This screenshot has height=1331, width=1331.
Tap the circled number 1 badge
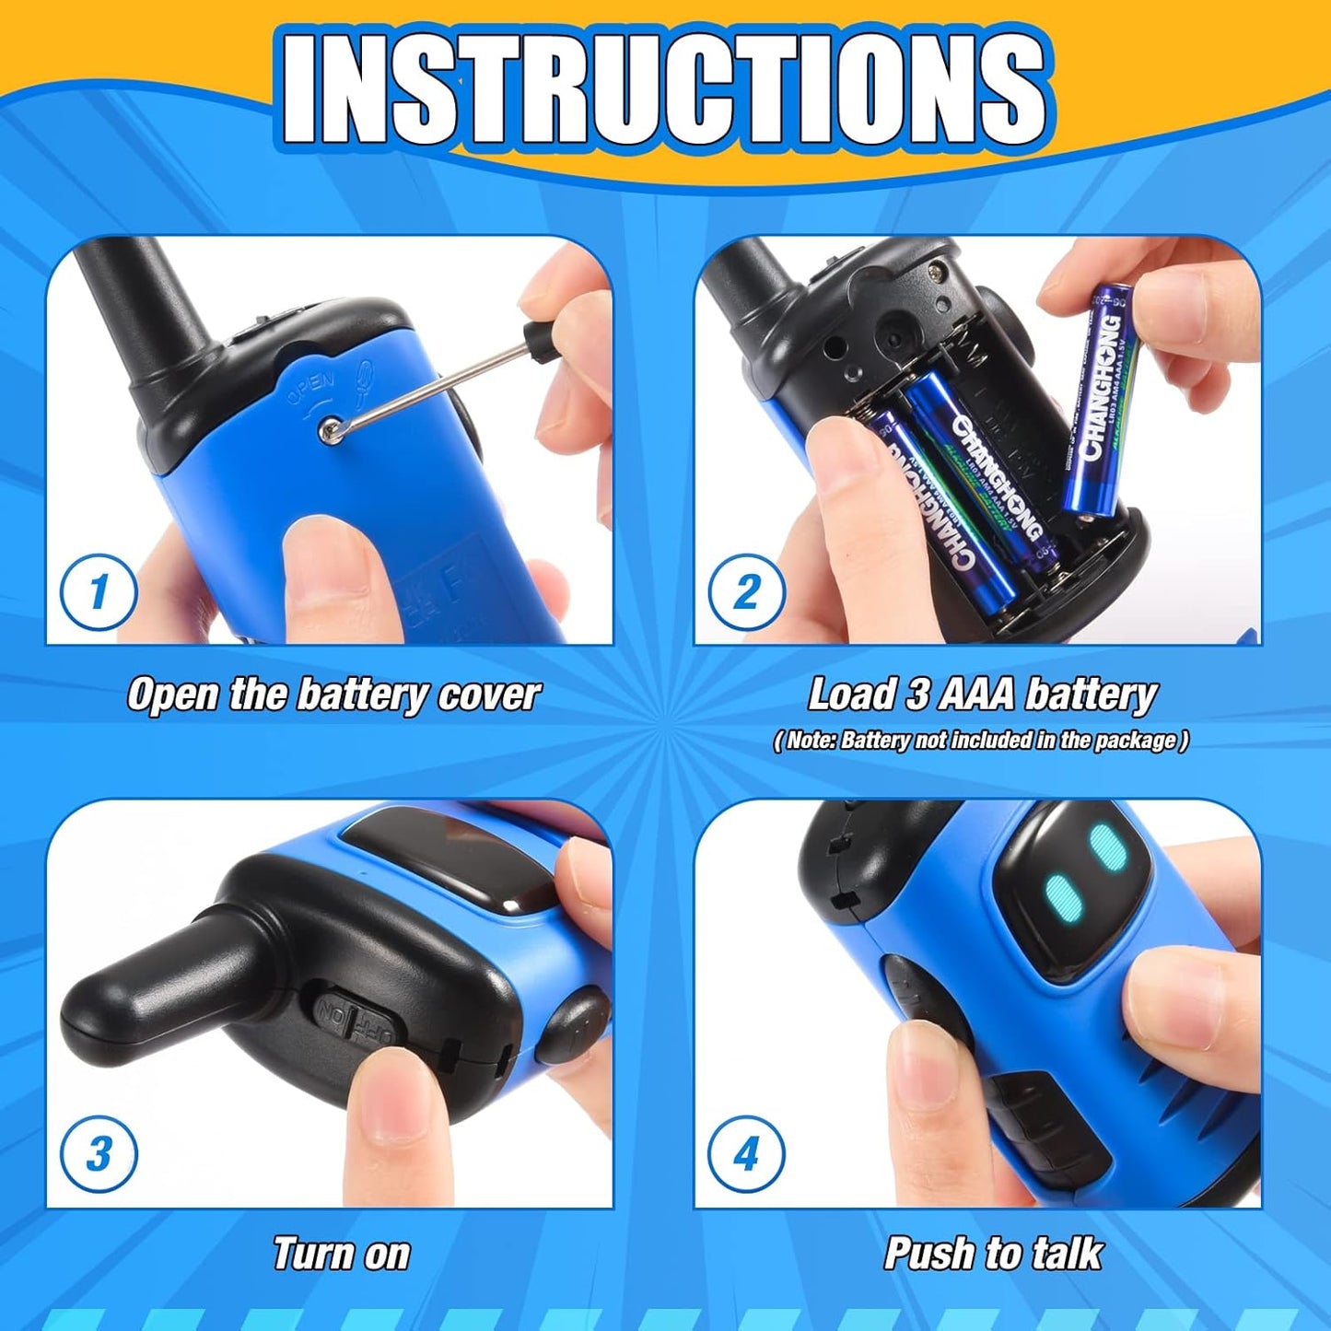(99, 591)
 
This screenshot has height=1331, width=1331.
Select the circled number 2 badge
(746, 591)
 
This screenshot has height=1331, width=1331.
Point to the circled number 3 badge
(99, 1153)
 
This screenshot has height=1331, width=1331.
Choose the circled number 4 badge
(746, 1153)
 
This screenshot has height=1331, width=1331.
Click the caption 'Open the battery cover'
(333, 695)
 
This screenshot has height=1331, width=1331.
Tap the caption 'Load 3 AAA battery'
(982, 695)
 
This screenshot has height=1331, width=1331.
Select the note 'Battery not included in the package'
(982, 741)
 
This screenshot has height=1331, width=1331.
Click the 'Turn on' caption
(341, 1255)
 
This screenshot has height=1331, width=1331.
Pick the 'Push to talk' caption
(993, 1255)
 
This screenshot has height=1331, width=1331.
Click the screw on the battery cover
(328, 428)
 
